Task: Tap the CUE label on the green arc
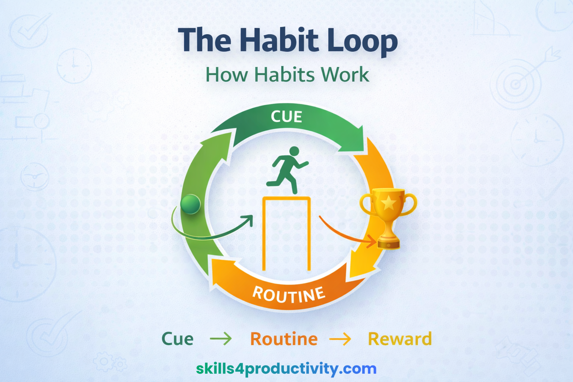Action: tap(286, 117)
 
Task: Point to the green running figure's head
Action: tap(294, 151)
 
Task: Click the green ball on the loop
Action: tap(191, 204)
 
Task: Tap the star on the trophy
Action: tap(388, 203)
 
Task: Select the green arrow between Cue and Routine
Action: tap(221, 339)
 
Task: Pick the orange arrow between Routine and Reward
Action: tap(340, 339)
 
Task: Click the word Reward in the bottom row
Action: tap(400, 339)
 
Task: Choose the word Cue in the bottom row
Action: tap(177, 339)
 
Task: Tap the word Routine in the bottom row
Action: tap(284, 339)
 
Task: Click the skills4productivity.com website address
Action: tap(286, 369)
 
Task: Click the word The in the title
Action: tap(205, 40)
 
